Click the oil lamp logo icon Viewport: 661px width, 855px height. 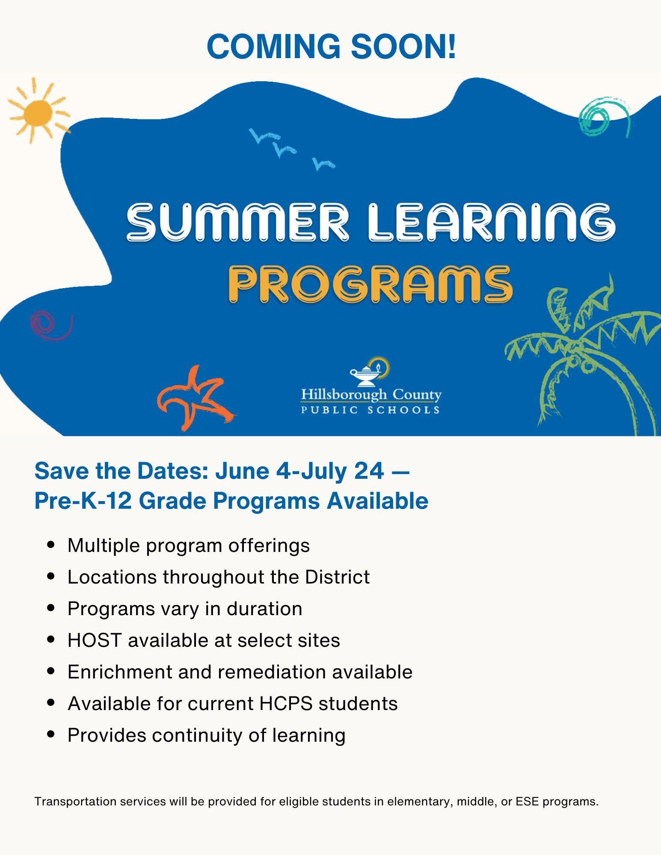pyautogui.click(x=371, y=370)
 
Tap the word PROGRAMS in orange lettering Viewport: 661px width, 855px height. pyautogui.click(x=371, y=284)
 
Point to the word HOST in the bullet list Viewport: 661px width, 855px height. pyautogui.click(x=95, y=640)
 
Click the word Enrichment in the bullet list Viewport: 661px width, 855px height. pyautogui.click(x=120, y=672)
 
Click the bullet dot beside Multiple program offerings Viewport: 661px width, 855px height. pyautogui.click(x=51, y=545)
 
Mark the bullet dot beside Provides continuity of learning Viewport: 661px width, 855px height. pyautogui.click(x=51, y=734)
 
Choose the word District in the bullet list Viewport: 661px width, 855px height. pyautogui.click(x=337, y=577)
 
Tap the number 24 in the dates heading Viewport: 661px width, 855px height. pyautogui.click(x=369, y=471)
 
